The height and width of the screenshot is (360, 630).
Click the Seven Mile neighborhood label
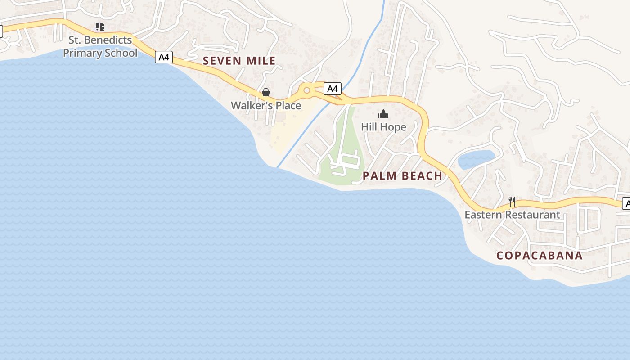tap(239, 61)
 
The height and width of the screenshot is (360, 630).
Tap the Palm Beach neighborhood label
tap(402, 176)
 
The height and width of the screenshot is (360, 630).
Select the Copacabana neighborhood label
tap(539, 256)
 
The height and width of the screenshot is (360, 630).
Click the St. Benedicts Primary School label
tap(100, 46)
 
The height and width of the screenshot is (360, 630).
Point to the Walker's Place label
tap(265, 106)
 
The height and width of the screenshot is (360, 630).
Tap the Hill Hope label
tap(383, 127)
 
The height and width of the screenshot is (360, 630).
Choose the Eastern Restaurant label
tap(512, 215)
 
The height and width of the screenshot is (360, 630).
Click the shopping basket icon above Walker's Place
tap(266, 92)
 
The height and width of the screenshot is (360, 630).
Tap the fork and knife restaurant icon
tap(512, 201)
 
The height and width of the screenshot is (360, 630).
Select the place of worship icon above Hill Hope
tap(383, 114)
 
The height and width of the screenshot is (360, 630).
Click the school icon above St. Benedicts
tap(100, 27)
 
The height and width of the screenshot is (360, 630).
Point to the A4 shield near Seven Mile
tap(164, 57)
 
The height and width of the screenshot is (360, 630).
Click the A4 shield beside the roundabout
tap(333, 89)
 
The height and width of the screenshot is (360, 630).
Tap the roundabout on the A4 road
tap(307, 90)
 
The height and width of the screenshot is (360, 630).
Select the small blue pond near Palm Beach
tap(476, 159)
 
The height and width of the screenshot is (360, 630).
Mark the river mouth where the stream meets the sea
tap(278, 167)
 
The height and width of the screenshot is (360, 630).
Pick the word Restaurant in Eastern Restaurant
tap(532, 215)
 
